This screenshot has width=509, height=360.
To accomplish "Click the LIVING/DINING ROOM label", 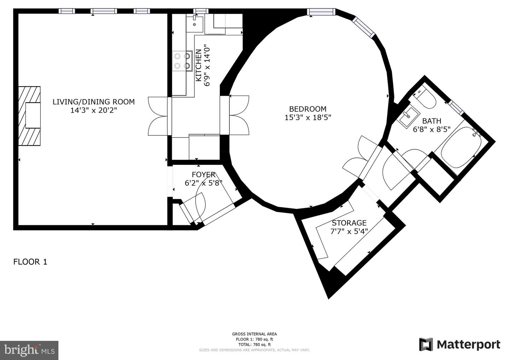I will pyautogui.click(x=93, y=102).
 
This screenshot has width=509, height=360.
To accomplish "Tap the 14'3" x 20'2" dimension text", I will pyautogui.click(x=93, y=110).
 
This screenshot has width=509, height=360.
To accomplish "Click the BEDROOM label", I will pyautogui.click(x=308, y=109).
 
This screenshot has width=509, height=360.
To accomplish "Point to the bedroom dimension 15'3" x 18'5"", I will pyautogui.click(x=308, y=117).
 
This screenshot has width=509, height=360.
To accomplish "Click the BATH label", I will pyautogui.click(x=432, y=121).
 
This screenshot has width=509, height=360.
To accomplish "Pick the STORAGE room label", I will pyautogui.click(x=349, y=223).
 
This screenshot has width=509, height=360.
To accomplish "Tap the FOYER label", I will pyautogui.click(x=204, y=174).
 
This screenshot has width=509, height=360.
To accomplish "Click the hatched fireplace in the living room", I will pyautogui.click(x=30, y=116).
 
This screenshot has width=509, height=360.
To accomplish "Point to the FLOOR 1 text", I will pyautogui.click(x=30, y=262).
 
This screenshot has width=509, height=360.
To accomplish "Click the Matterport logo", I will pyautogui.click(x=460, y=344).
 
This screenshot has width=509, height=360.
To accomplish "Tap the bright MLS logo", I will pyautogui.click(x=29, y=350).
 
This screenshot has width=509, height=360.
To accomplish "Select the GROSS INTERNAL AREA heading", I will pyautogui.click(x=254, y=334).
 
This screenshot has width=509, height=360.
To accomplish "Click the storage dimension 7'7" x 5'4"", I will pyautogui.click(x=349, y=232).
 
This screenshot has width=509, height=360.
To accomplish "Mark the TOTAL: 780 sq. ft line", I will pyautogui.click(x=254, y=344).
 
